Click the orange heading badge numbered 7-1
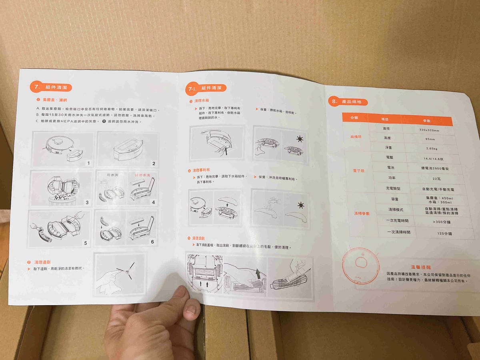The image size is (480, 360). tap(206, 88)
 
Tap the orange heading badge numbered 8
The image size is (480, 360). tap(348, 102)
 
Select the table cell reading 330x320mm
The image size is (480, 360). tap(429, 130)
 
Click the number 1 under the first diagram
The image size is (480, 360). tap(88, 163)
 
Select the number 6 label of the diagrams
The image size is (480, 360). tap(152, 242)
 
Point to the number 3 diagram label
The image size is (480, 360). tap(87, 203)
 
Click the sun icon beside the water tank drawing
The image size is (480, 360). tap(300, 139)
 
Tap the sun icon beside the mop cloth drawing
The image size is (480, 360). tap(300, 205)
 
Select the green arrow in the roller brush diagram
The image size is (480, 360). tap(258, 274)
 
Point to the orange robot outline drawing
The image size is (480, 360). tap(361, 263)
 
